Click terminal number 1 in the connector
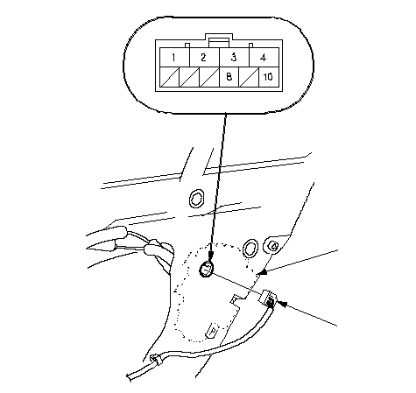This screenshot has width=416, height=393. [174, 57]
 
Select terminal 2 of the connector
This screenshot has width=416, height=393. [204, 57]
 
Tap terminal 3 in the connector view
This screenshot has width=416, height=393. [234, 57]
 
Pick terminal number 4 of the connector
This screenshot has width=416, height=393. [264, 57]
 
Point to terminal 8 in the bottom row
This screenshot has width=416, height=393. [229, 77]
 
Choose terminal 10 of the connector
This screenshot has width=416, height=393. [269, 77]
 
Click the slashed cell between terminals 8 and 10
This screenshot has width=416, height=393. [249, 77]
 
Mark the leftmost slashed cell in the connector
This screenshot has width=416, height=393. [170, 77]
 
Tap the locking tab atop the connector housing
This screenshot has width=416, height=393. [219, 40]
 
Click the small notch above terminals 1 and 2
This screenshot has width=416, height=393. [187, 46]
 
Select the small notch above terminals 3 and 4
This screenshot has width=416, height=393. [250, 46]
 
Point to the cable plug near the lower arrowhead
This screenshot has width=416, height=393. [267, 298]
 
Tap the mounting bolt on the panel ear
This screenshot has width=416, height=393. [273, 246]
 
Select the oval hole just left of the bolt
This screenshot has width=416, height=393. [250, 249]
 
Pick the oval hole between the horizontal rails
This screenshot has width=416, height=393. [196, 199]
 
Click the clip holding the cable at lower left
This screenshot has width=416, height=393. [156, 360]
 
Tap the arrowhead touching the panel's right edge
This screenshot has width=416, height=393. [263, 272]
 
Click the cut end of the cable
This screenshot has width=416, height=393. [129, 376]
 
